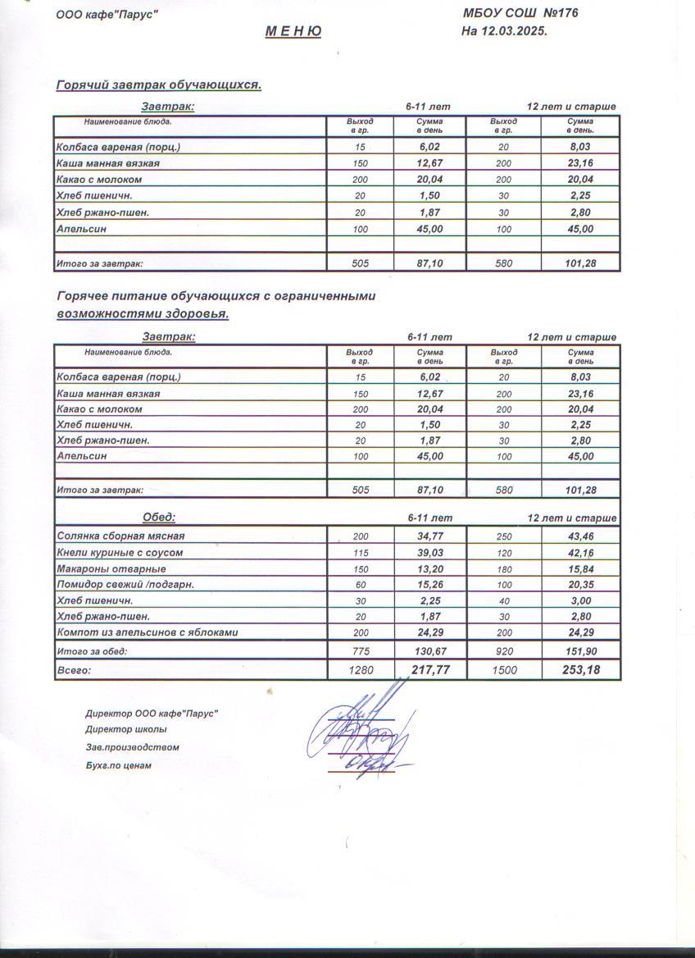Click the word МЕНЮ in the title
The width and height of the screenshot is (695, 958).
tap(293, 32)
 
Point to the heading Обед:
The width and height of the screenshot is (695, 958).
tap(159, 518)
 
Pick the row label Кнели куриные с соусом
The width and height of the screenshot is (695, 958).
tap(120, 553)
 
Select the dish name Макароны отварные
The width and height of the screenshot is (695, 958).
tap(111, 568)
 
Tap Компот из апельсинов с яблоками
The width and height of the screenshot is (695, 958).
tap(148, 632)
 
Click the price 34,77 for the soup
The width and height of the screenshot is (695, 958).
tap(429, 536)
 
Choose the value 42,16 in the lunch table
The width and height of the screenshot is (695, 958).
tap(580, 553)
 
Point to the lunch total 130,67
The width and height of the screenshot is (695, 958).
tap(429, 651)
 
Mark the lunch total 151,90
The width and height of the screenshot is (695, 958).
tap(580, 651)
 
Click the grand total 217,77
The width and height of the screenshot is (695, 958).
tap(429, 670)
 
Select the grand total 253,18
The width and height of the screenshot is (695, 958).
tap(580, 670)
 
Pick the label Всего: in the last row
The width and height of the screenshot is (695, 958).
tap(73, 670)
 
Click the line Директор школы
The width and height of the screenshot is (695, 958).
tap(125, 729)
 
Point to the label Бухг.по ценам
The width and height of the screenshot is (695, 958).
tap(118, 765)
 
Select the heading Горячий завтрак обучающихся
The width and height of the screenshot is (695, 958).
tap(158, 85)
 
